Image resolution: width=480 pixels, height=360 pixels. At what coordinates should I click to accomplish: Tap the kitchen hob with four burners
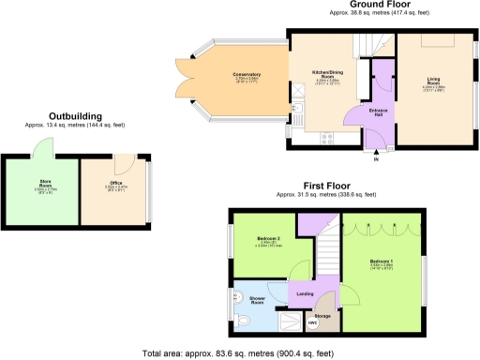tap(328, 140)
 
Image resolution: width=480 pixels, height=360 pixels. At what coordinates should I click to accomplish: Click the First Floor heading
tap(327, 186)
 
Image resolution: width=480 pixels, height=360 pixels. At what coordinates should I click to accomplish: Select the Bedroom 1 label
tap(382, 262)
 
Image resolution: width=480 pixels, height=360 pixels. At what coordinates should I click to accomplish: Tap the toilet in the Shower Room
tap(241, 320)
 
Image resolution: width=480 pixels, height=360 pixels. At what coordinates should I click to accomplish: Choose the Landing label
tap(305, 294)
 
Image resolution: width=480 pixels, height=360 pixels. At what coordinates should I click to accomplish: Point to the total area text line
tap(239, 353)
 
